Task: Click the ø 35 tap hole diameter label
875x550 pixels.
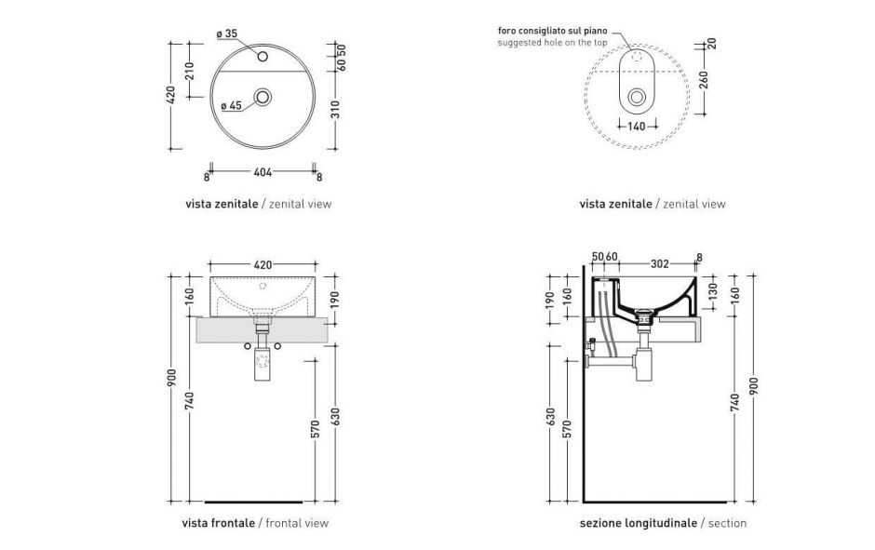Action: [x=227, y=34]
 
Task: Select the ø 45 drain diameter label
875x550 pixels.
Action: [x=231, y=106]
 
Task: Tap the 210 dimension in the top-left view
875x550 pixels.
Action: [x=190, y=70]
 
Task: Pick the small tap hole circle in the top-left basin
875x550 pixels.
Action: [x=262, y=58]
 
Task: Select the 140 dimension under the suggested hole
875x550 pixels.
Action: [x=637, y=127]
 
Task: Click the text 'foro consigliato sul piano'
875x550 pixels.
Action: [x=551, y=32]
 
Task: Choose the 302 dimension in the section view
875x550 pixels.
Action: [x=659, y=263]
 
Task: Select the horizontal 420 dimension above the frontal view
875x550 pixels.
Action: [x=262, y=263]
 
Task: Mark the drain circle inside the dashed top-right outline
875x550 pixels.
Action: [x=637, y=96]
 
